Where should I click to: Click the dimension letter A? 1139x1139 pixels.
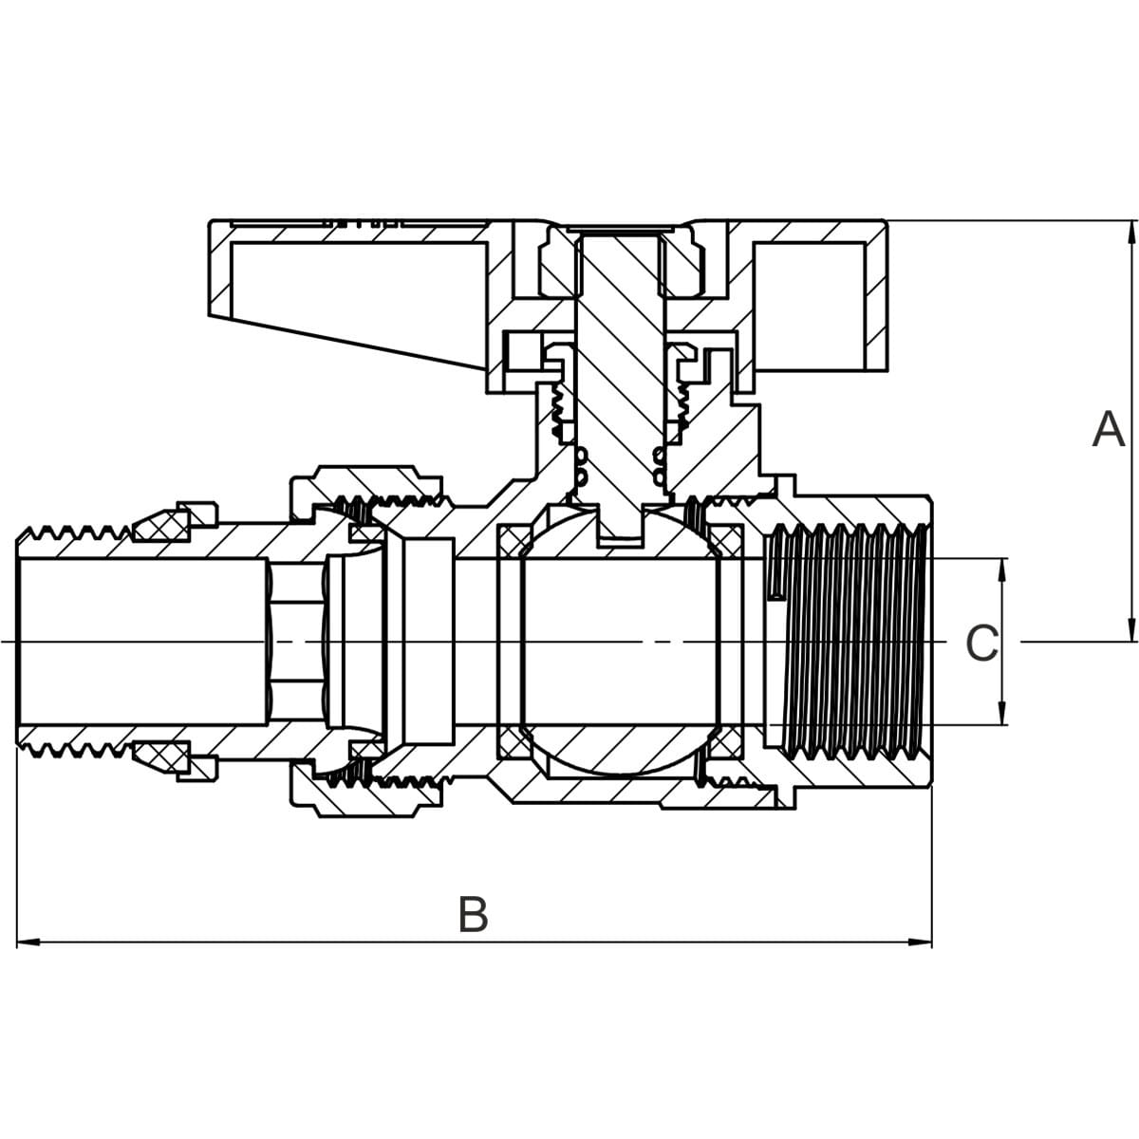pyautogui.click(x=1109, y=430)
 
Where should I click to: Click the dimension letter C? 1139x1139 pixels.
pyautogui.click(x=981, y=644)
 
